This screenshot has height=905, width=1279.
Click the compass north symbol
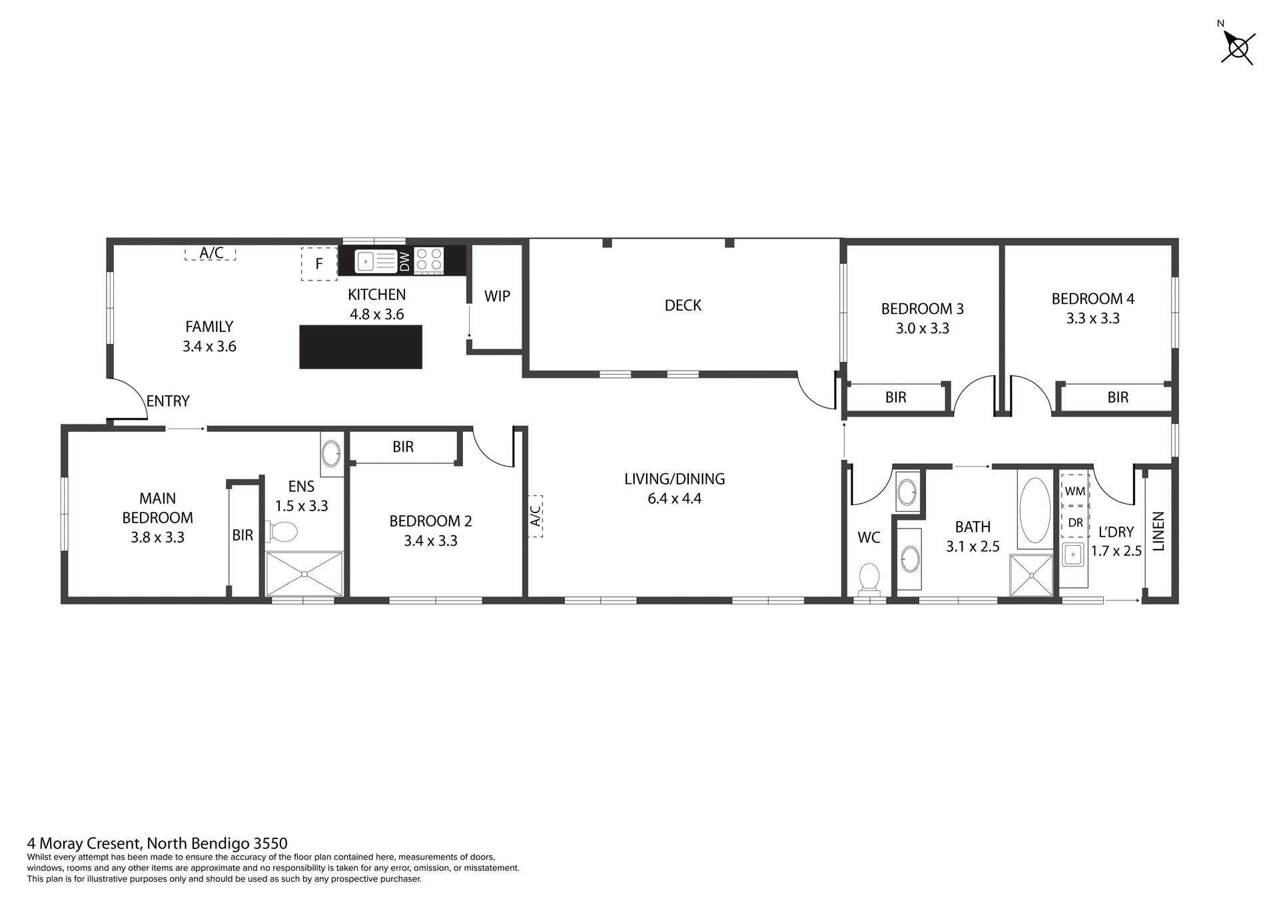pyautogui.click(x=1238, y=47)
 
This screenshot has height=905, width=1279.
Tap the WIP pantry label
pyautogui.click(x=497, y=297)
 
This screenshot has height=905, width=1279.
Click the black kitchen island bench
pyautogui.click(x=360, y=347)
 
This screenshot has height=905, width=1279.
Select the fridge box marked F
pyautogui.click(x=318, y=263)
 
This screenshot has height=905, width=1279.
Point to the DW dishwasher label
pyautogui.click(x=404, y=261)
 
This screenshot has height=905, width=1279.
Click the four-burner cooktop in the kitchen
pyautogui.click(x=430, y=260)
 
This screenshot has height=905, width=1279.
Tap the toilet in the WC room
pyautogui.click(x=869, y=578)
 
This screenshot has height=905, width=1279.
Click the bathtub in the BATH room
pyautogui.click(x=1034, y=510)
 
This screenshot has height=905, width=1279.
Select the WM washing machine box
pyautogui.click(x=1074, y=491)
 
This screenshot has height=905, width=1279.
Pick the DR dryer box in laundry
pyautogui.click(x=1074, y=522)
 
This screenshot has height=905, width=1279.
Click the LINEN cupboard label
pyautogui.click(x=1158, y=531)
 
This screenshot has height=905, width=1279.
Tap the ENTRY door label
pyautogui.click(x=168, y=401)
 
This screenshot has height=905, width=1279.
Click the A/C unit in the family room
pyautogui.click(x=211, y=253)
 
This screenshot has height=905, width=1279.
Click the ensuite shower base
pyautogui.click(x=304, y=573)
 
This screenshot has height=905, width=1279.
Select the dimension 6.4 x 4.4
pyautogui.click(x=674, y=498)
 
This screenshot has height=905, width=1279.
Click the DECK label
pyautogui.click(x=683, y=305)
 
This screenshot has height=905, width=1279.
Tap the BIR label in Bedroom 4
pyautogui.click(x=1118, y=398)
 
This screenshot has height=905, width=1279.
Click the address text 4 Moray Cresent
pyautogui.click(x=157, y=844)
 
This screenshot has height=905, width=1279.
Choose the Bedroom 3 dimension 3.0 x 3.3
pyautogui.click(x=922, y=329)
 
